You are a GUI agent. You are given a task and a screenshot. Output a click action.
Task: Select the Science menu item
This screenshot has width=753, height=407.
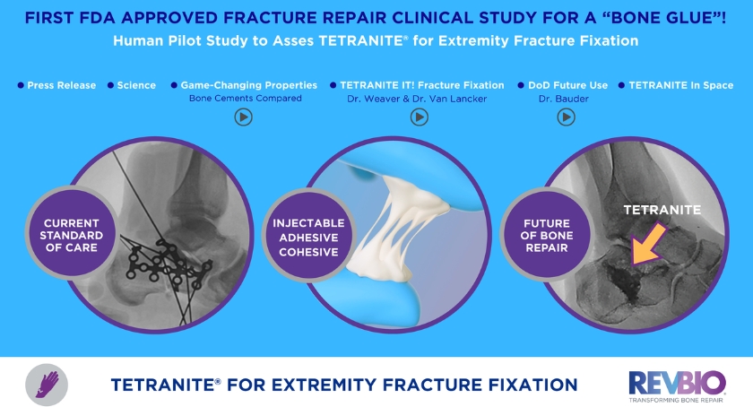pyautogui.click(x=136, y=85)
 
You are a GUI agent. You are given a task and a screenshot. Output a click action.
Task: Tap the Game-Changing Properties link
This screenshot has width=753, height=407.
pyautogui.click(x=249, y=85)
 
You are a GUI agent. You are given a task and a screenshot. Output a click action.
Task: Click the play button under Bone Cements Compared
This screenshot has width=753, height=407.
pyautogui.click(x=243, y=117)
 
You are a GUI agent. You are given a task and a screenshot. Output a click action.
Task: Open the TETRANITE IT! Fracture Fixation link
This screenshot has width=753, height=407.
pyautogui.click(x=420, y=85)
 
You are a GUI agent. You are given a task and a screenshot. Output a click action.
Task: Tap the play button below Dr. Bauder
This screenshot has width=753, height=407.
pyautogui.click(x=566, y=117)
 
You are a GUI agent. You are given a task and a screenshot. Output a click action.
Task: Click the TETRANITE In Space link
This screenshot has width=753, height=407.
pyautogui.click(x=680, y=85)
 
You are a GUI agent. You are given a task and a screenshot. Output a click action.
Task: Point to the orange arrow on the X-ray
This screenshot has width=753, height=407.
pyautogui.click(x=648, y=245)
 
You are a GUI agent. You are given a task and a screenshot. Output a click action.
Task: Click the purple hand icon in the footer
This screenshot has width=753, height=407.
pyautogui.click(x=42, y=383)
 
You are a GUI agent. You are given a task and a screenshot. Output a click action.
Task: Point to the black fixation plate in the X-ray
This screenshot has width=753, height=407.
pyautogui.click(x=166, y=260)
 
